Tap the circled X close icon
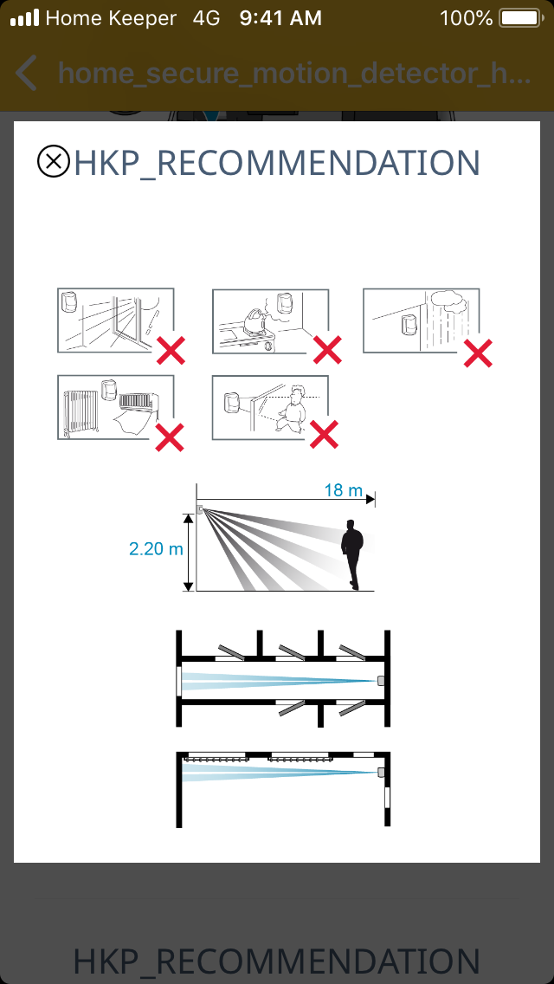click(54, 162)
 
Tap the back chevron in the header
click(26, 73)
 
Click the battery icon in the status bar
click(520, 18)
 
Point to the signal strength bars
click(24, 18)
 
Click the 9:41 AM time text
click(280, 18)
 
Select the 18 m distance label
click(343, 490)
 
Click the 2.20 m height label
click(156, 549)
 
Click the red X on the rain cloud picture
click(478, 353)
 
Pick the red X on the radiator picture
click(170, 437)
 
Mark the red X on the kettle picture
click(327, 350)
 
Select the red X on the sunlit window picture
click(171, 350)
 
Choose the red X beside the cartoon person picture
click(325, 434)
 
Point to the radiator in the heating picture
click(81, 411)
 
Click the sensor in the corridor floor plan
click(380, 680)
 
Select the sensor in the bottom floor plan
click(380, 773)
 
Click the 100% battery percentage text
click(467, 18)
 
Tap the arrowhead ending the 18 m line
click(370, 500)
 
